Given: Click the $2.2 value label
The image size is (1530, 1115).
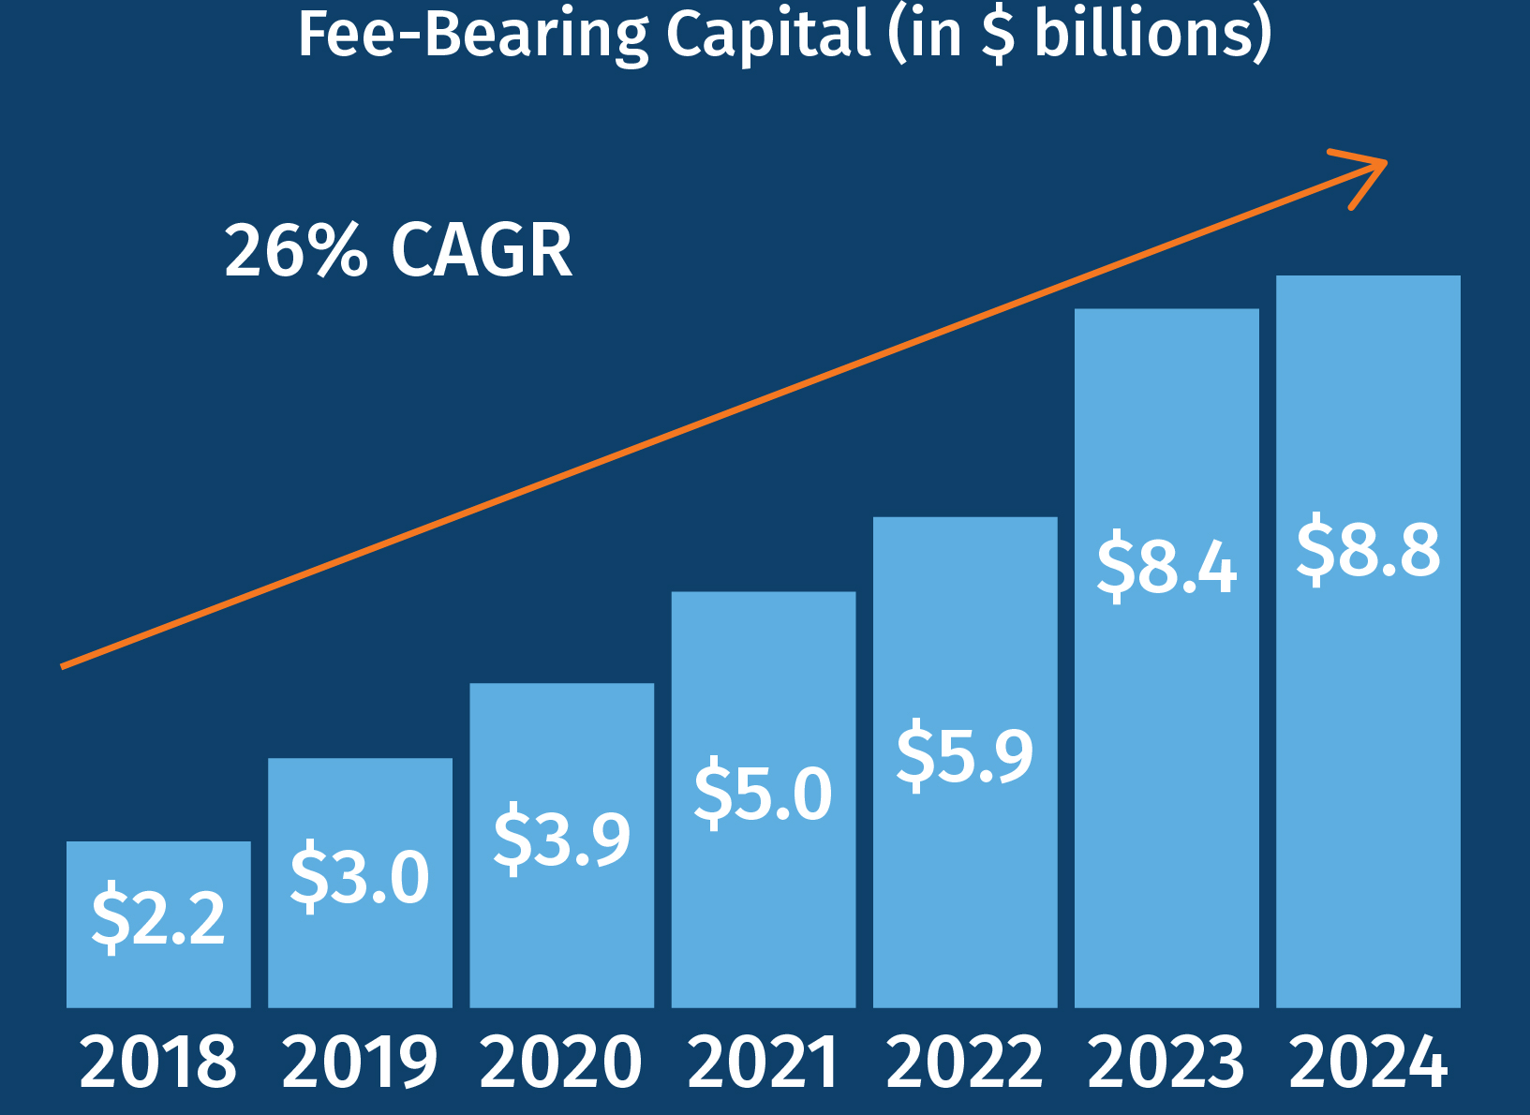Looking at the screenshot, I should (158, 916).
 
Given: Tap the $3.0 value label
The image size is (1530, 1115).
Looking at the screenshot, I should (360, 876).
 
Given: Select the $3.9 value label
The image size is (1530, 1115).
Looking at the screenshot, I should (561, 837).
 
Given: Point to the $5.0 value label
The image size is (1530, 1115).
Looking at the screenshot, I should (763, 793).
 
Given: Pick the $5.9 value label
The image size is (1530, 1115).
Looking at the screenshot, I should (964, 754).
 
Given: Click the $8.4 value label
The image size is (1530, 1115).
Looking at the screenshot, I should (1166, 565).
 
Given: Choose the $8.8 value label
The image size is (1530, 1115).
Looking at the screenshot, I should (1368, 549).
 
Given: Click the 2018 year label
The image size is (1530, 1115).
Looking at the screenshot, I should (158, 1062).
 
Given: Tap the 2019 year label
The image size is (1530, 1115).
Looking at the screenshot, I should (360, 1062).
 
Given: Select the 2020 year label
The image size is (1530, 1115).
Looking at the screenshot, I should (561, 1062).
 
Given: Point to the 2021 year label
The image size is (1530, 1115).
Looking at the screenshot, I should (763, 1062).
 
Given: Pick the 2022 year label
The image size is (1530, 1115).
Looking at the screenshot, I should (964, 1062).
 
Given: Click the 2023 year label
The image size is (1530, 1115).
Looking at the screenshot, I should (1166, 1062).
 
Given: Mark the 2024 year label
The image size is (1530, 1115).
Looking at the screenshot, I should (1368, 1062).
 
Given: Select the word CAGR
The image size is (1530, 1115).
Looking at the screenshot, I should (482, 250).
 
